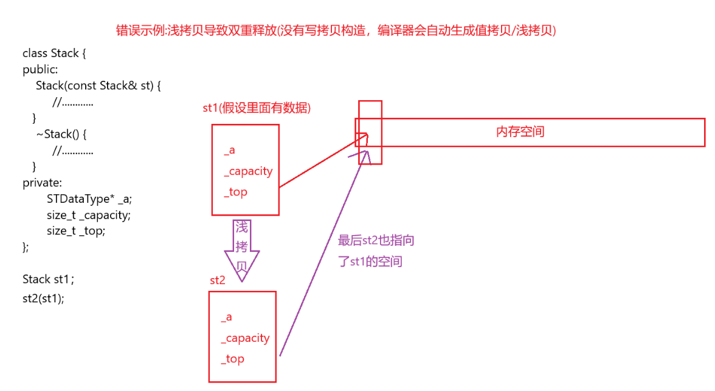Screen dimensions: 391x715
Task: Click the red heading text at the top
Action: point(336,31)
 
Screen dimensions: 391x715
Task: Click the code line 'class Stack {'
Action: point(55,53)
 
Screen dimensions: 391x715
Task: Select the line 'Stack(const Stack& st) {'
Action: point(98,86)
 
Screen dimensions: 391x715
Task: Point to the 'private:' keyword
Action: point(42,182)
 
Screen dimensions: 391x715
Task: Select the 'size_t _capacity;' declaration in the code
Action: point(89,215)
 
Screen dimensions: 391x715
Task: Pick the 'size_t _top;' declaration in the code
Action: point(76,231)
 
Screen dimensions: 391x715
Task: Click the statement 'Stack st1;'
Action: point(49,279)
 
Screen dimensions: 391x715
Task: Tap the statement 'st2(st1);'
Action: point(43,299)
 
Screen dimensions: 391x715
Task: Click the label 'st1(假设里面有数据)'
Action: point(257,109)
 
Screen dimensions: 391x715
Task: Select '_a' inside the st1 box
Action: point(229,151)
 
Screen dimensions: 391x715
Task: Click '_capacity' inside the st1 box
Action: point(248,171)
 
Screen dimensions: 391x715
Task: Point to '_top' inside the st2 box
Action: point(232,359)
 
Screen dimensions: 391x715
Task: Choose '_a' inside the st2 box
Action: point(226,317)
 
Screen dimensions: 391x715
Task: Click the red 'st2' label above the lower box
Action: point(218,280)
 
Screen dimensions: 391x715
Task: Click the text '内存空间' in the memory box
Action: point(520,132)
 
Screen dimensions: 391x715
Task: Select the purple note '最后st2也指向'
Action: point(376,240)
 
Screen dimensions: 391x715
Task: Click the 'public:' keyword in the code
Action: point(40,70)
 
